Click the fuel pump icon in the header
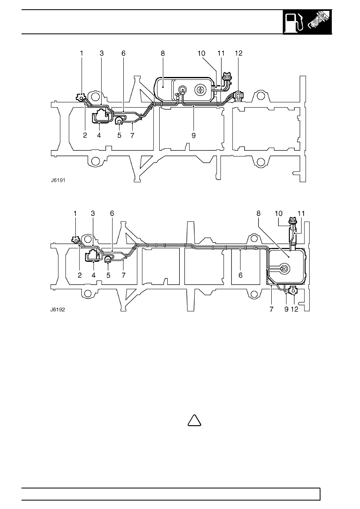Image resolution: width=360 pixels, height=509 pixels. coord(295,23)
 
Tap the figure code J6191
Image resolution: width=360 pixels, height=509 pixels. coord(58,180)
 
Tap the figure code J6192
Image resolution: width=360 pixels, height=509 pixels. coord(58,310)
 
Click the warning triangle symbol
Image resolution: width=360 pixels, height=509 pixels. coord(195,420)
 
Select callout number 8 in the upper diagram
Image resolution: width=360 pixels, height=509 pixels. coord(163,54)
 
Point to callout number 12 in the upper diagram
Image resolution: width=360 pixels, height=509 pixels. coord(239,54)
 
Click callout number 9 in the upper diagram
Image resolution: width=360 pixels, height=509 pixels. coord(194,136)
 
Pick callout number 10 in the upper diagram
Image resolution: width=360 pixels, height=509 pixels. coord(201,54)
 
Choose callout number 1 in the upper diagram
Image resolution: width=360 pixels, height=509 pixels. coord(81,54)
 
